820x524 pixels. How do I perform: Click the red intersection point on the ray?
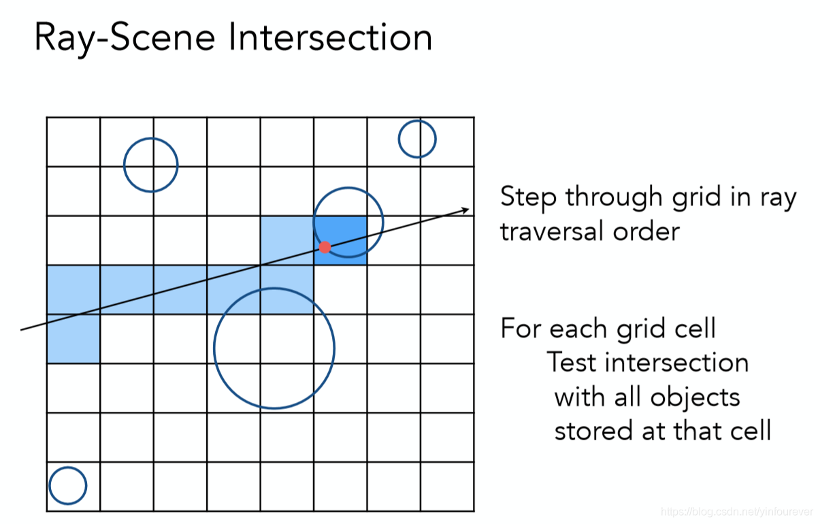click(325, 246)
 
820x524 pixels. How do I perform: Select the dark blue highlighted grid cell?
click(340, 240)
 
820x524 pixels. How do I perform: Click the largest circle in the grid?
click(274, 348)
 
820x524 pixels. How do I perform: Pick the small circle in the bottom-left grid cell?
click(68, 486)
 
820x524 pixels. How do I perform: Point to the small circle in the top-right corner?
click(417, 139)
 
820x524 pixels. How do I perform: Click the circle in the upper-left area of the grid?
click(151, 165)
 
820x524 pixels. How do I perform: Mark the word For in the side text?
click(521, 329)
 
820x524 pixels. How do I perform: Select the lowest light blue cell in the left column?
click(73, 338)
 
